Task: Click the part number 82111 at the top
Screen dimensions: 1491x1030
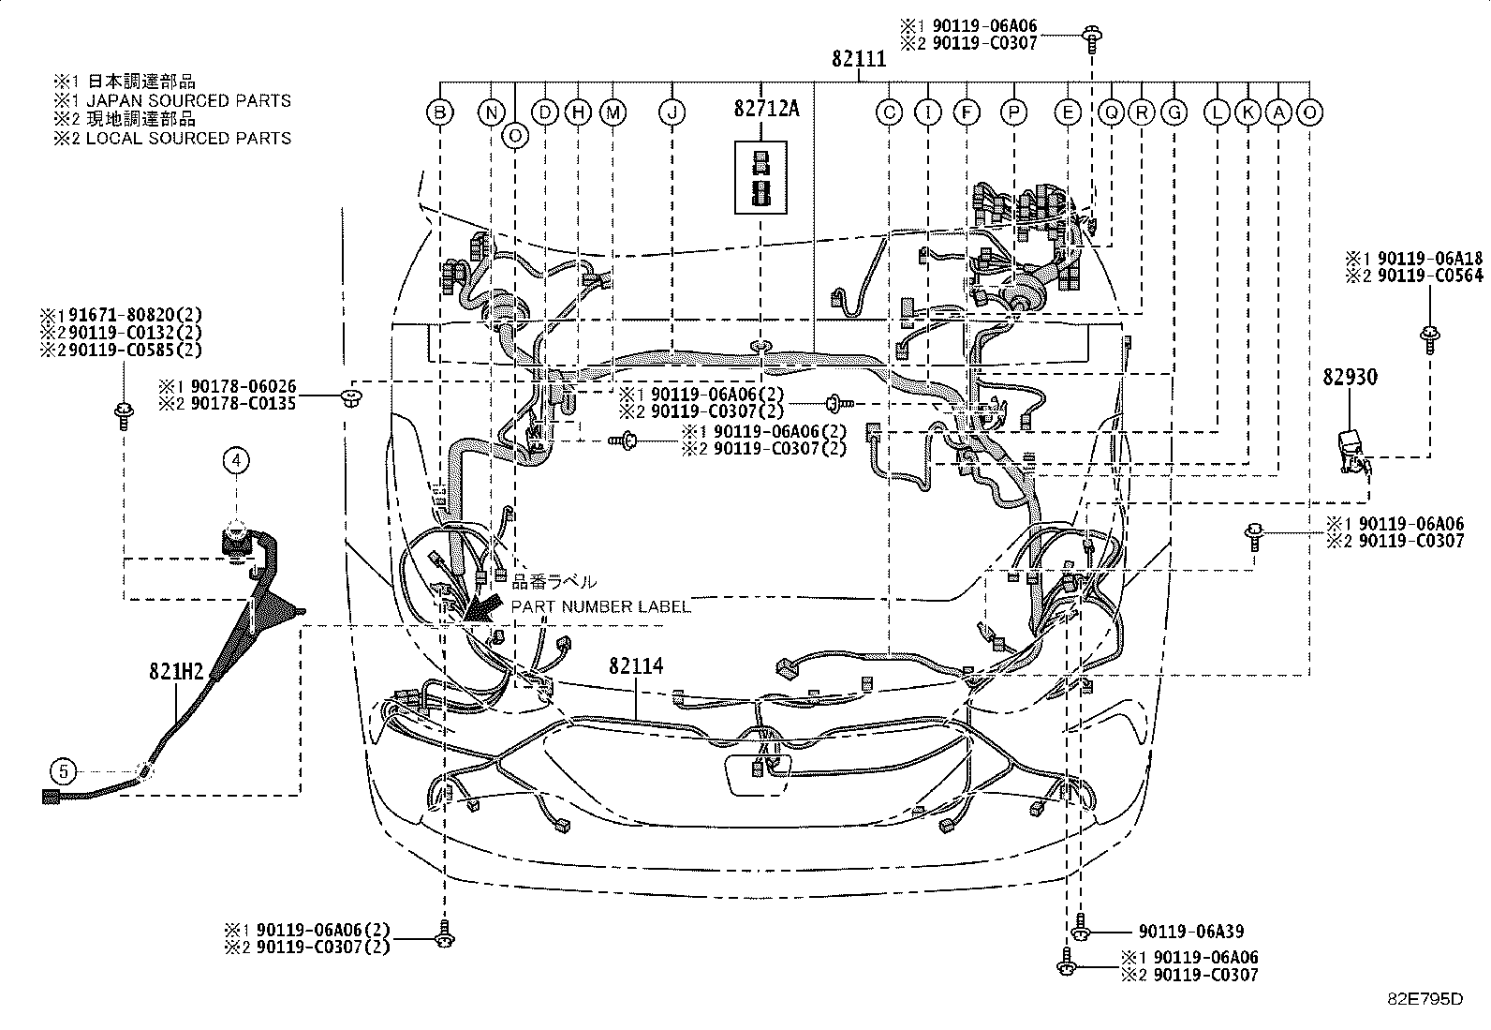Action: click(x=859, y=59)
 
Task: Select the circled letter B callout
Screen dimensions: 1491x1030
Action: click(x=440, y=112)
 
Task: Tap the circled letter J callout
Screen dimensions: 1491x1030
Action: click(x=672, y=112)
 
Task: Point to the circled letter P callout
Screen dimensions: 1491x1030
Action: click(x=1013, y=112)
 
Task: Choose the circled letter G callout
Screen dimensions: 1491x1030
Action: click(x=1174, y=112)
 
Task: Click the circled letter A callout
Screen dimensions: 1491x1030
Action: click(x=1278, y=112)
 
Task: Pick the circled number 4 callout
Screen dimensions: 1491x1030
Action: click(x=236, y=460)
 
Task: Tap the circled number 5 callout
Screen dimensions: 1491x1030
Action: click(x=64, y=771)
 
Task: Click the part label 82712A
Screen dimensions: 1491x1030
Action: click(x=767, y=110)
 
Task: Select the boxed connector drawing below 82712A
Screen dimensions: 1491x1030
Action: click(x=760, y=177)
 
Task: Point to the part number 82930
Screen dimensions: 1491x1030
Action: click(x=1350, y=378)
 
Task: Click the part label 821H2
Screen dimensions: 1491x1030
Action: click(x=176, y=672)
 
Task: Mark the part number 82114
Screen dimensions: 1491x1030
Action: click(x=636, y=666)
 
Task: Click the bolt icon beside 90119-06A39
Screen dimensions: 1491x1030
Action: click(x=1080, y=928)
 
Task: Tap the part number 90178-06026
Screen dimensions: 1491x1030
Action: click(x=244, y=386)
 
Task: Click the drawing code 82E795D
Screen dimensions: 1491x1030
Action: click(x=1425, y=999)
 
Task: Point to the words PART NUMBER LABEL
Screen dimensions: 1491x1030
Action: click(x=601, y=606)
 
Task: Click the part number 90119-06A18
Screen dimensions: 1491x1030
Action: click(x=1430, y=259)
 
